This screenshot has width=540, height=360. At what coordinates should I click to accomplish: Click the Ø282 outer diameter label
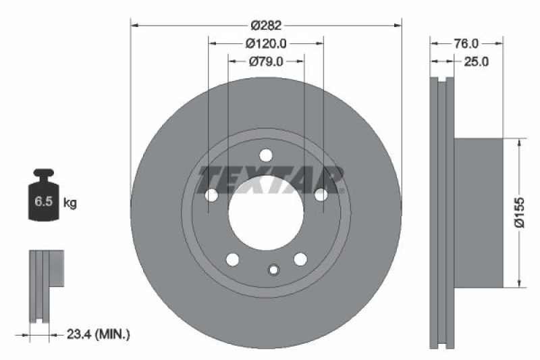pyautogui.click(x=266, y=26)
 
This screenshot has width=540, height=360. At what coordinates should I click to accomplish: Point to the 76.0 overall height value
pyautogui.click(x=466, y=43)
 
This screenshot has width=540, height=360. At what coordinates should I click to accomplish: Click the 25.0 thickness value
pyautogui.click(x=475, y=61)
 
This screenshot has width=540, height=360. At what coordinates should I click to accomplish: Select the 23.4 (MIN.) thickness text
pyautogui.click(x=98, y=333)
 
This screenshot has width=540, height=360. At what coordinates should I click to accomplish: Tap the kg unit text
pyautogui.click(x=70, y=202)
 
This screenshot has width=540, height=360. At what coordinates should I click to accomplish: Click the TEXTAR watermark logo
pyautogui.click(x=270, y=179)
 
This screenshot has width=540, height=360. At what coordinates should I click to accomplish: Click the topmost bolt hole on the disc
pyautogui.click(x=266, y=154)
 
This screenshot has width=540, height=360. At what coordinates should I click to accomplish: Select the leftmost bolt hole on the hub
pyautogui.click(x=211, y=195)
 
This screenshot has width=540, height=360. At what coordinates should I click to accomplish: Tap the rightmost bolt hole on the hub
pyautogui.click(x=321, y=195)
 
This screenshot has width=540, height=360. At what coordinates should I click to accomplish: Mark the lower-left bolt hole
pyautogui.click(x=232, y=259)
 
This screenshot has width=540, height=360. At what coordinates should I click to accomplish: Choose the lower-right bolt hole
pyautogui.click(x=300, y=259)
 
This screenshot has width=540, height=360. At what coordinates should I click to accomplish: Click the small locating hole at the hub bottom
pyautogui.click(x=273, y=270)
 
